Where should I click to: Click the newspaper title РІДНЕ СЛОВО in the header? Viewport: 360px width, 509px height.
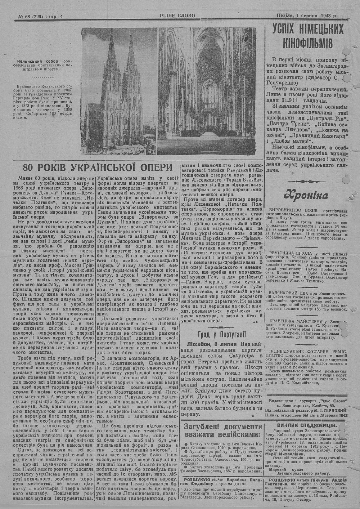pyautogui.click(x=177, y=15)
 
